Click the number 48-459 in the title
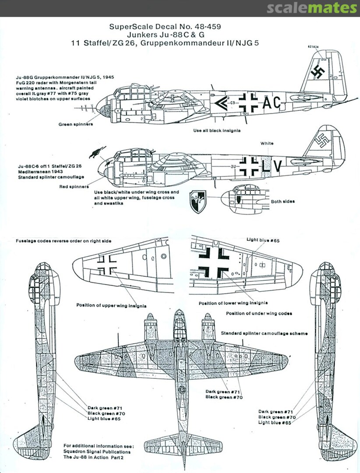click(206, 27)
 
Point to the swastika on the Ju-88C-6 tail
click(324, 141)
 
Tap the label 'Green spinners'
click(76, 124)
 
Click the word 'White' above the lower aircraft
click(267, 143)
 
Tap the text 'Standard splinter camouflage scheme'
click(265, 333)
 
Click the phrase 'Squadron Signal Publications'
click(97, 452)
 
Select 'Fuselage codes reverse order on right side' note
click(64, 241)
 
